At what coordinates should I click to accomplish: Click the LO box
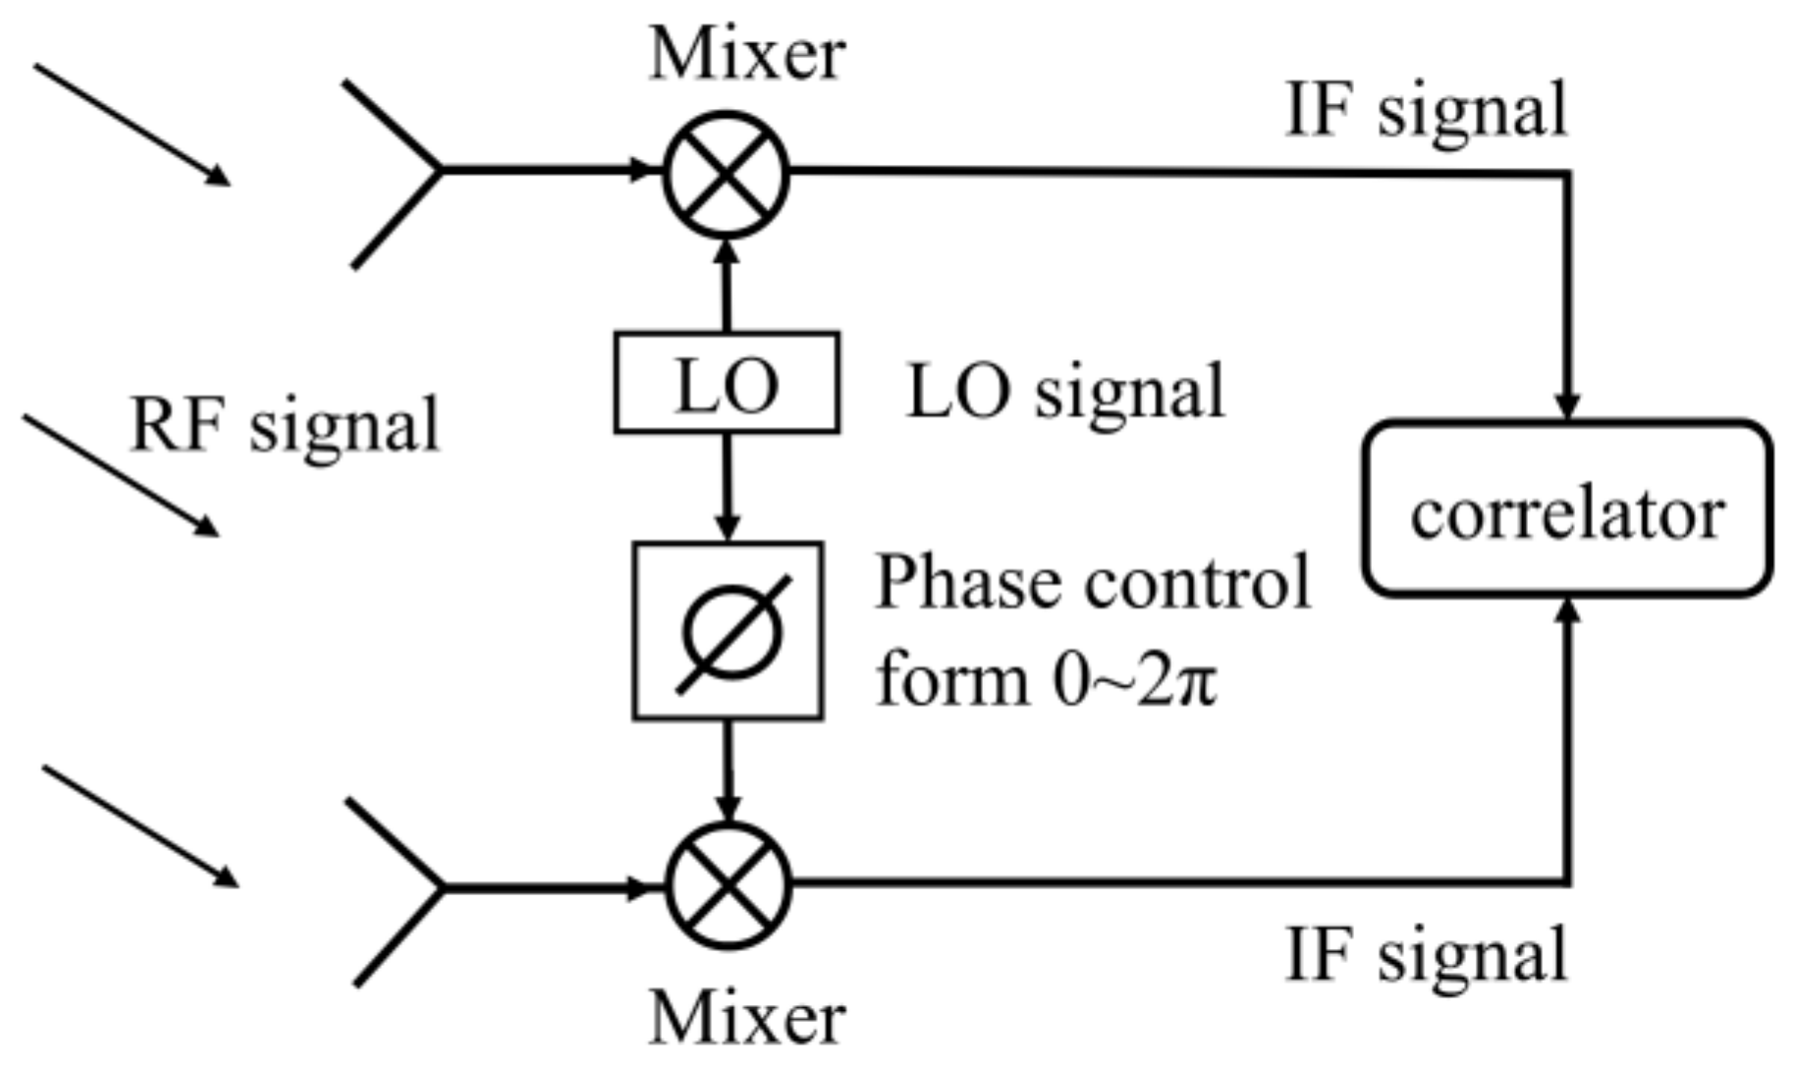727,383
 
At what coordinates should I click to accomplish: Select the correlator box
1567,508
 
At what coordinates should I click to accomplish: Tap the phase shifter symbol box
728,631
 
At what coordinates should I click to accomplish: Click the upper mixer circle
727,175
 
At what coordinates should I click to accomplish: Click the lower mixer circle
728,885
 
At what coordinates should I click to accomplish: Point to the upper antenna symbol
393,173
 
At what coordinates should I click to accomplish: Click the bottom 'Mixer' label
747,1018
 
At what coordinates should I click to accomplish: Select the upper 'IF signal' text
1426,112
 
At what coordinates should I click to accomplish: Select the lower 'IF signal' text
1426,956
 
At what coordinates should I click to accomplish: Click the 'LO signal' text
1066,392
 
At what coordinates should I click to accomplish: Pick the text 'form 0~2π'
1046,679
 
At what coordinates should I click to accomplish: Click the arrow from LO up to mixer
727,285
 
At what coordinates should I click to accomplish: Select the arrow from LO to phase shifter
727,487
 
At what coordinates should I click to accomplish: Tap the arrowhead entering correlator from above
1568,404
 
